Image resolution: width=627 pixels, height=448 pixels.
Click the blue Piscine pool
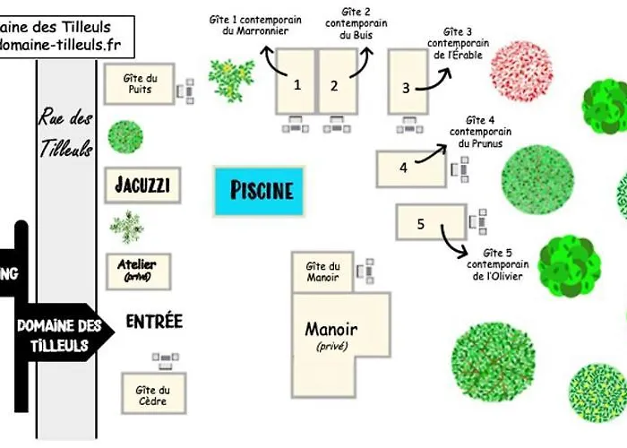[262, 190]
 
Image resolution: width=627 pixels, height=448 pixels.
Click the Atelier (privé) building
[137, 270]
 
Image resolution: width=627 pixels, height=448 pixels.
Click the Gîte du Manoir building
[322, 271]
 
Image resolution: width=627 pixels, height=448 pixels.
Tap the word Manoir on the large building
[331, 329]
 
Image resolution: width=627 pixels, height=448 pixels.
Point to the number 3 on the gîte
[406, 88]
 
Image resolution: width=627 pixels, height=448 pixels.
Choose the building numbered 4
[408, 168]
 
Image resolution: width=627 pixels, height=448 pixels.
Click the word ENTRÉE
[154, 321]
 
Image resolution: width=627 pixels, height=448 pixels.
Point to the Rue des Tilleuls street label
[65, 134]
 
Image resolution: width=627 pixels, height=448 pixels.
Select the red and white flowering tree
[521, 71]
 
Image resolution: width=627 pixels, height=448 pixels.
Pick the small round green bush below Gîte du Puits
[125, 137]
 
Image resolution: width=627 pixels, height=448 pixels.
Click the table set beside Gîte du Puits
[187, 90]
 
